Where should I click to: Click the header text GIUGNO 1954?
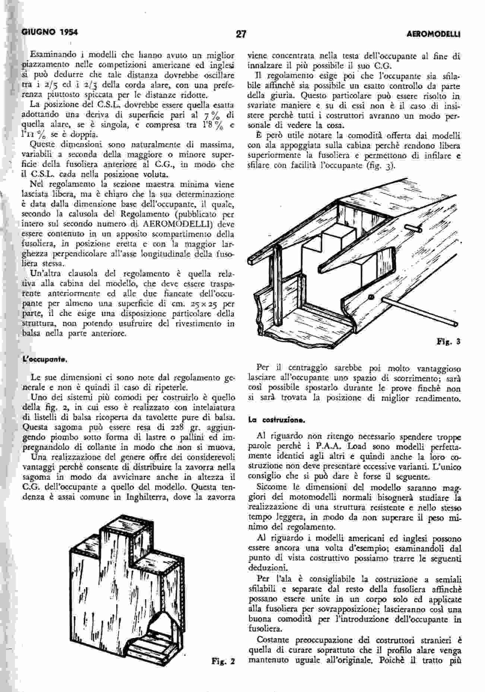(50, 32)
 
